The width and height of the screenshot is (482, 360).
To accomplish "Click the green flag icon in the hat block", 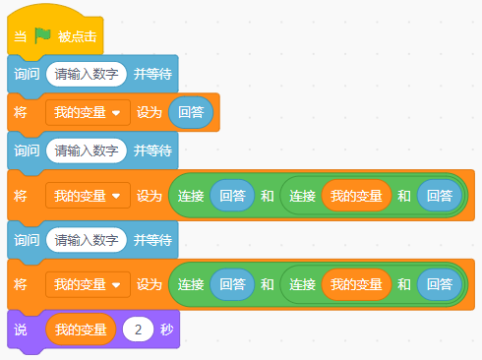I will [42, 35].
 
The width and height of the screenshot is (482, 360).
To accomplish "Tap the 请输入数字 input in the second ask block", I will [86, 150].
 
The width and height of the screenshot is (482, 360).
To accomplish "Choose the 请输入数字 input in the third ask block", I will [86, 240].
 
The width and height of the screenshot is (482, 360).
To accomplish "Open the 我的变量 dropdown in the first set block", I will [88, 112].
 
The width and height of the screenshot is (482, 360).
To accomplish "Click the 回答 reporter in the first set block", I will [191, 112].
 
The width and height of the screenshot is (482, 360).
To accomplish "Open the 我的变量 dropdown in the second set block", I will [88, 196].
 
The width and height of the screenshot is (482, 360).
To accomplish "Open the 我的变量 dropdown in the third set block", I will [88, 284].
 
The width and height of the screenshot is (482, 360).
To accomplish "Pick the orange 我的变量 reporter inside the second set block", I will [356, 196].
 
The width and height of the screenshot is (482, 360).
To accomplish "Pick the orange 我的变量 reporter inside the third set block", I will [356, 284].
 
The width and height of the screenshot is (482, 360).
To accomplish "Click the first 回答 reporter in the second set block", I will [232, 196].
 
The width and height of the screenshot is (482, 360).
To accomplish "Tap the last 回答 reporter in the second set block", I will [439, 196].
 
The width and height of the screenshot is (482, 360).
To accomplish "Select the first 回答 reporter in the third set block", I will [232, 284].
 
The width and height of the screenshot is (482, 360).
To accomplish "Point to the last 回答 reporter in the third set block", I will [439, 284].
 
